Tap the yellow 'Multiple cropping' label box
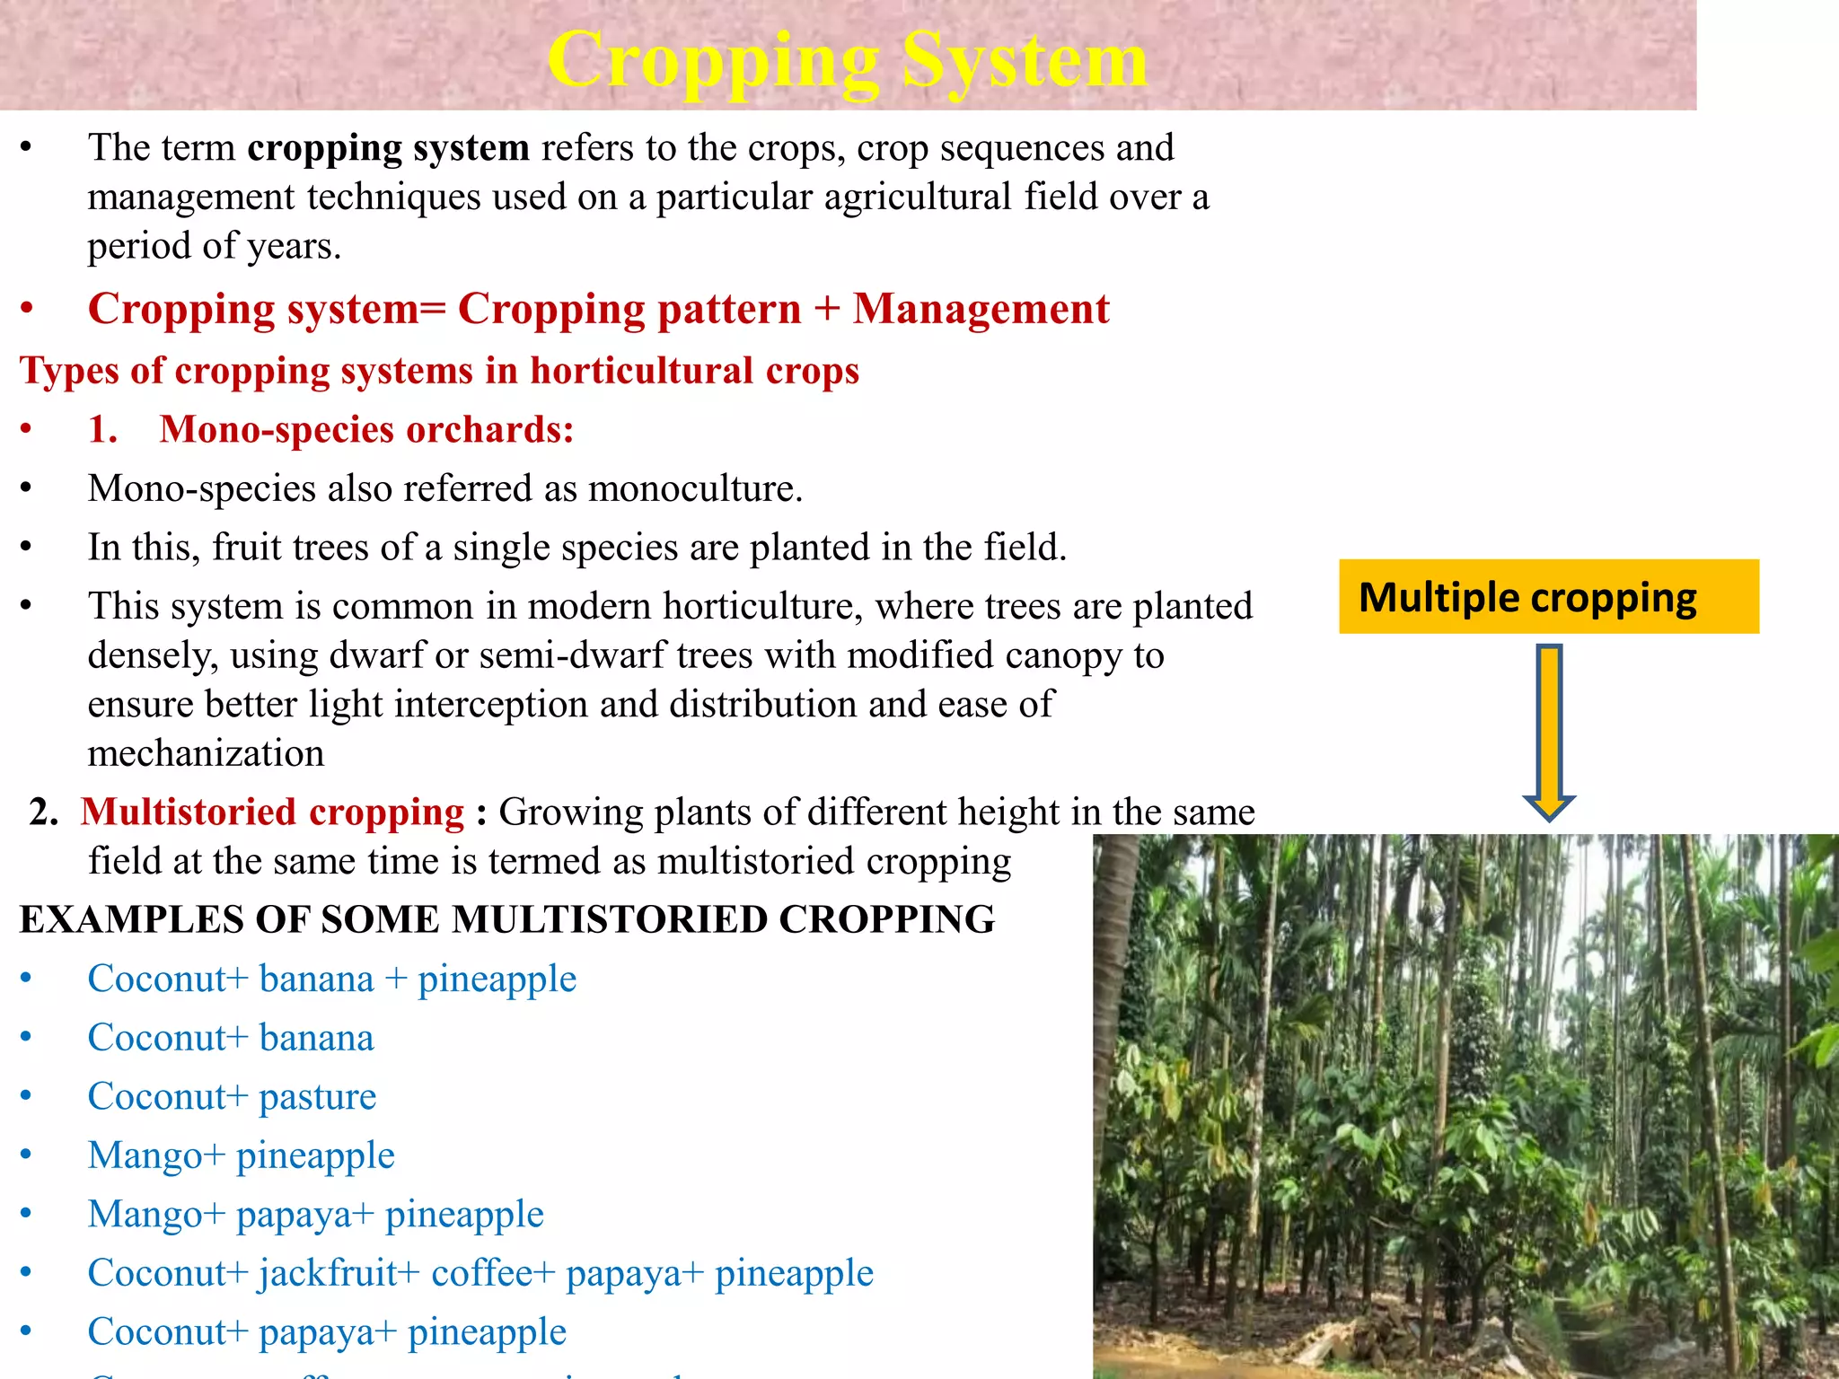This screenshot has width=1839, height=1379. (1548, 597)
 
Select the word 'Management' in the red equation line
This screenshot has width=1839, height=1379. (981, 309)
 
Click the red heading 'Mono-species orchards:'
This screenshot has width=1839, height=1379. (366, 429)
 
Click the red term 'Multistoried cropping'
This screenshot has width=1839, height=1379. (273, 812)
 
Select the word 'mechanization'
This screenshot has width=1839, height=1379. (206, 752)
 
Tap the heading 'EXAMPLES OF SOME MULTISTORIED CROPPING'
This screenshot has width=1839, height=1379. (507, 919)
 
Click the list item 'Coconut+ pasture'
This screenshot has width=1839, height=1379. (232, 1096)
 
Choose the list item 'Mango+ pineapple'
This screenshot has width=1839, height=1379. (241, 1155)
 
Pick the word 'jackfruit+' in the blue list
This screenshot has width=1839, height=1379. (339, 1273)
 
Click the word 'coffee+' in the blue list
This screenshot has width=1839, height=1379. (494, 1273)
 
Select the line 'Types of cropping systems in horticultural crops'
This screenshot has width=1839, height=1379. (439, 371)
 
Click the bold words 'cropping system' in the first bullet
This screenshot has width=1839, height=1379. (388, 148)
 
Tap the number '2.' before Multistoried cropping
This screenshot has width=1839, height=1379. (44, 812)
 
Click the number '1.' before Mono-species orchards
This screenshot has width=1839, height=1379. (102, 429)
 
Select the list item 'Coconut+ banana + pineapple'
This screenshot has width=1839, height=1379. (331, 979)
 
